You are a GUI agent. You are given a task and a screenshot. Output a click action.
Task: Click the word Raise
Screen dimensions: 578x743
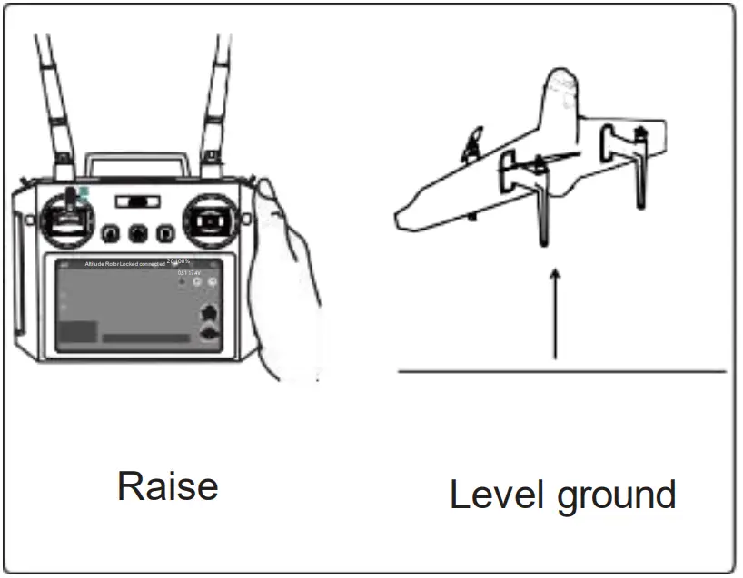[x=167, y=486]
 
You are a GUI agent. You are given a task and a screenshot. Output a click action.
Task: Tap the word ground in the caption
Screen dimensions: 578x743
[x=617, y=497]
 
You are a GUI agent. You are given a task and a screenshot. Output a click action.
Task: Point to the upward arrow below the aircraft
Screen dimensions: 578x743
[x=555, y=313]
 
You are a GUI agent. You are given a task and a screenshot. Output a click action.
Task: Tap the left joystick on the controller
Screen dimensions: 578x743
[x=69, y=219]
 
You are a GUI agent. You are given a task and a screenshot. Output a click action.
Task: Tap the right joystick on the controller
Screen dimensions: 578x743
[x=210, y=220]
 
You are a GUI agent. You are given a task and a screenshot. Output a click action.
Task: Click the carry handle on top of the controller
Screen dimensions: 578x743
[x=137, y=162]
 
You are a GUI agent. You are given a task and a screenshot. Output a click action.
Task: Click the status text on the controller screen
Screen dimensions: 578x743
[x=124, y=263]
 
